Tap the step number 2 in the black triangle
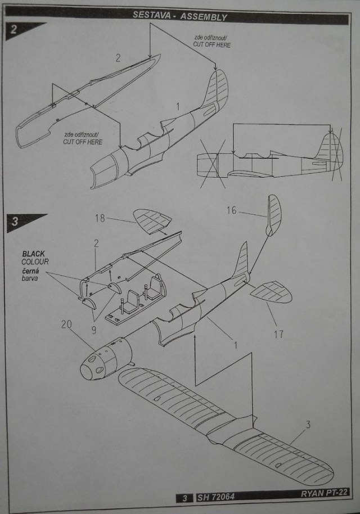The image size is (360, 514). [13, 29]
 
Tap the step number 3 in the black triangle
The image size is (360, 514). [15, 221]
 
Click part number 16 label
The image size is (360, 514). [231, 210]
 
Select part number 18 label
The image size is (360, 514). [100, 218]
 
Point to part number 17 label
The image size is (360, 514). [278, 334]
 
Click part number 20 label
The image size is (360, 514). [66, 324]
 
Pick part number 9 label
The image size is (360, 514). [94, 330]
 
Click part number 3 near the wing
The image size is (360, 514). [308, 425]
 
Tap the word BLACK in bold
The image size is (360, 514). [33, 254]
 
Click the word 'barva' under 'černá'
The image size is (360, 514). [29, 278]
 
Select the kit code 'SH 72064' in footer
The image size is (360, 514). [216, 497]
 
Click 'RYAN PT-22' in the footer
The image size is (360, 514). [324, 493]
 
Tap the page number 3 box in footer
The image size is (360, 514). [185, 498]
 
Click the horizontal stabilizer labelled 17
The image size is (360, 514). [271, 292]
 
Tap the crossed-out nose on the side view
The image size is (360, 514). [213, 164]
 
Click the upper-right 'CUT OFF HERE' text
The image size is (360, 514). [212, 44]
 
